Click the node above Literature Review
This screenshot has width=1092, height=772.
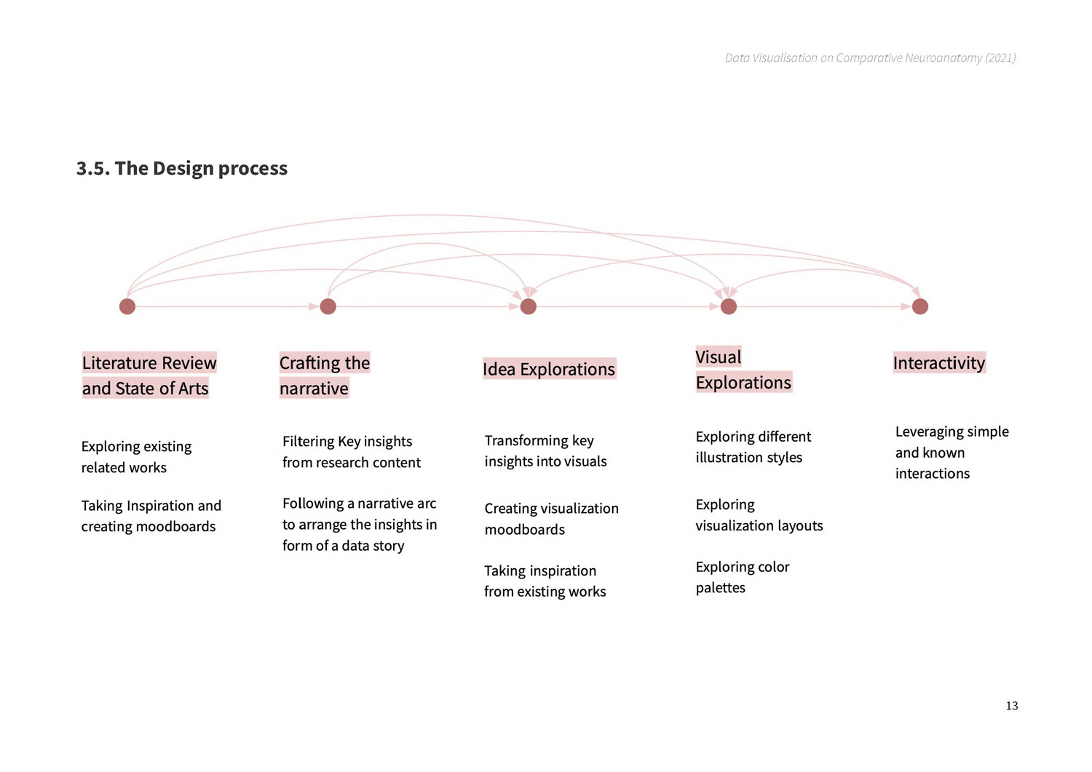coord(127,306)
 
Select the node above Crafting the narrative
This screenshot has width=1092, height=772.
coord(328,306)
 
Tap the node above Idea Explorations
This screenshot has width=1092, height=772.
coord(529,306)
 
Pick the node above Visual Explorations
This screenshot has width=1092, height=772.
coord(729,306)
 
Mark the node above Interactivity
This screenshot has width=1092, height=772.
coord(920,306)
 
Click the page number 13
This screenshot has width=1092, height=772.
coord(1012,706)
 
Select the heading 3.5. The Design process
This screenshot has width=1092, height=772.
coord(182,168)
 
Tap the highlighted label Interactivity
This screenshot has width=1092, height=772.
coord(939,362)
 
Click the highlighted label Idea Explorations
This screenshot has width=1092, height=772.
coord(550,369)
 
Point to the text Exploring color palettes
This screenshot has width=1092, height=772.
coord(743,577)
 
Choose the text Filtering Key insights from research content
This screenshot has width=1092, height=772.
coord(352,452)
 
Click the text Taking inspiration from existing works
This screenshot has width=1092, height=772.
coord(545,581)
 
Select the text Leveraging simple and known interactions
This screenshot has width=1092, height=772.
coord(952,453)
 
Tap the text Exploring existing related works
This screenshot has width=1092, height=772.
coord(137,457)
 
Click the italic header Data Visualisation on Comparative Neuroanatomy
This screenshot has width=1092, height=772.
coord(870,58)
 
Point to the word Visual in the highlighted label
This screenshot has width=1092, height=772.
coord(719,357)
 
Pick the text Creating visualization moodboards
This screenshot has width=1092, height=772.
coord(551,519)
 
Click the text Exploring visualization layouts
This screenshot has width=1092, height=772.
coord(759,514)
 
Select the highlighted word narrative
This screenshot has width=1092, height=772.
coord(314,389)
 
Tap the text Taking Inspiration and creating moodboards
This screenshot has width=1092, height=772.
coord(151,516)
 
